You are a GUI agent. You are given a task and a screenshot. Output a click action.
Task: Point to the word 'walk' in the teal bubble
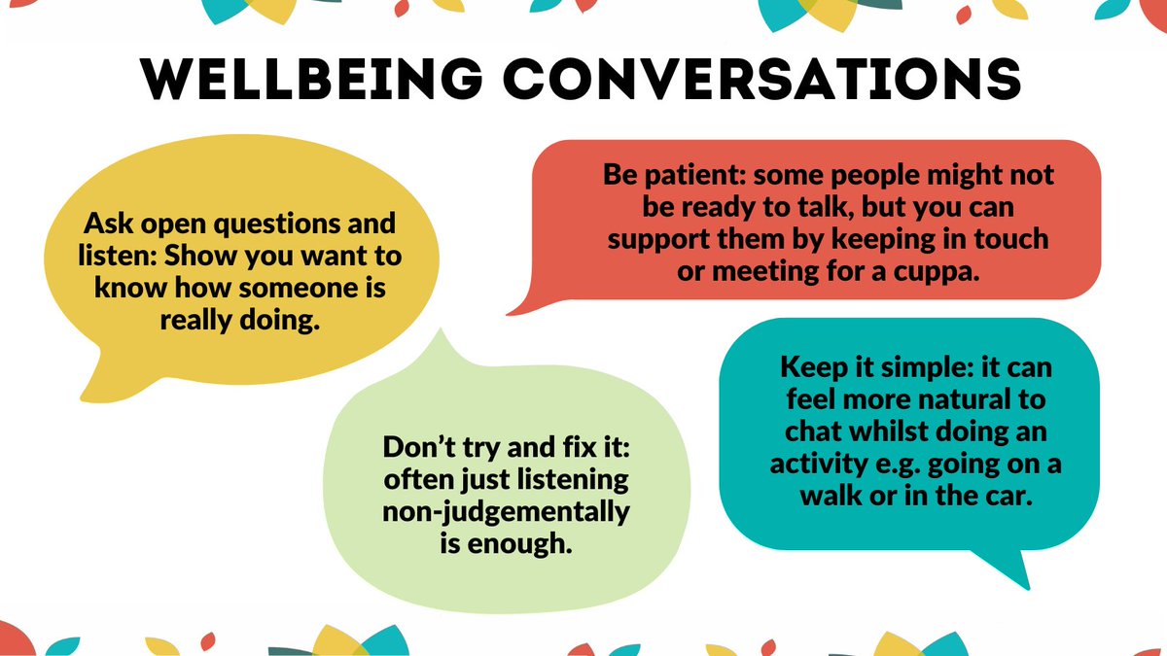(831, 496)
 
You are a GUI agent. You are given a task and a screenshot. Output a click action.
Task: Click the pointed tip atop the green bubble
(446, 335)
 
